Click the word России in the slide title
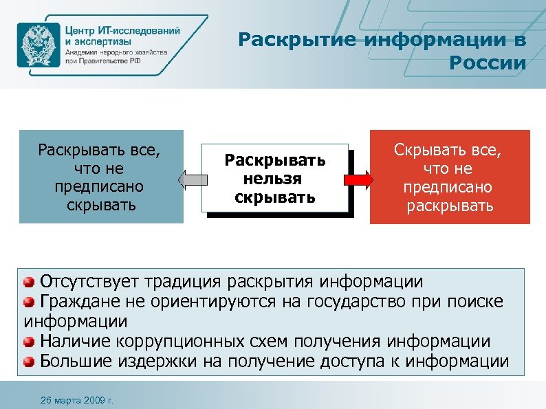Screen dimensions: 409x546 coord(487,64)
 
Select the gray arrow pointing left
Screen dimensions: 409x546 coord(193,180)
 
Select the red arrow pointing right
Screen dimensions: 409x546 coord(358,180)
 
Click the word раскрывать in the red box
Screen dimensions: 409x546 coord(450,206)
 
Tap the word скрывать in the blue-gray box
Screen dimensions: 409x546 coord(102,206)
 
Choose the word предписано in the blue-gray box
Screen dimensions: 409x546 coord(102,187)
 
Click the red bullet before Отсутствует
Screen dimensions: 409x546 coord(30,282)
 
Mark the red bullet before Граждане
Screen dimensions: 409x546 coord(30,302)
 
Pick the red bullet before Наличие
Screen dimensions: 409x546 coord(30,342)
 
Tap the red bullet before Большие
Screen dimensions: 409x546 coord(30,362)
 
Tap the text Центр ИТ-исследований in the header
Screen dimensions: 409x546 coord(123,31)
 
